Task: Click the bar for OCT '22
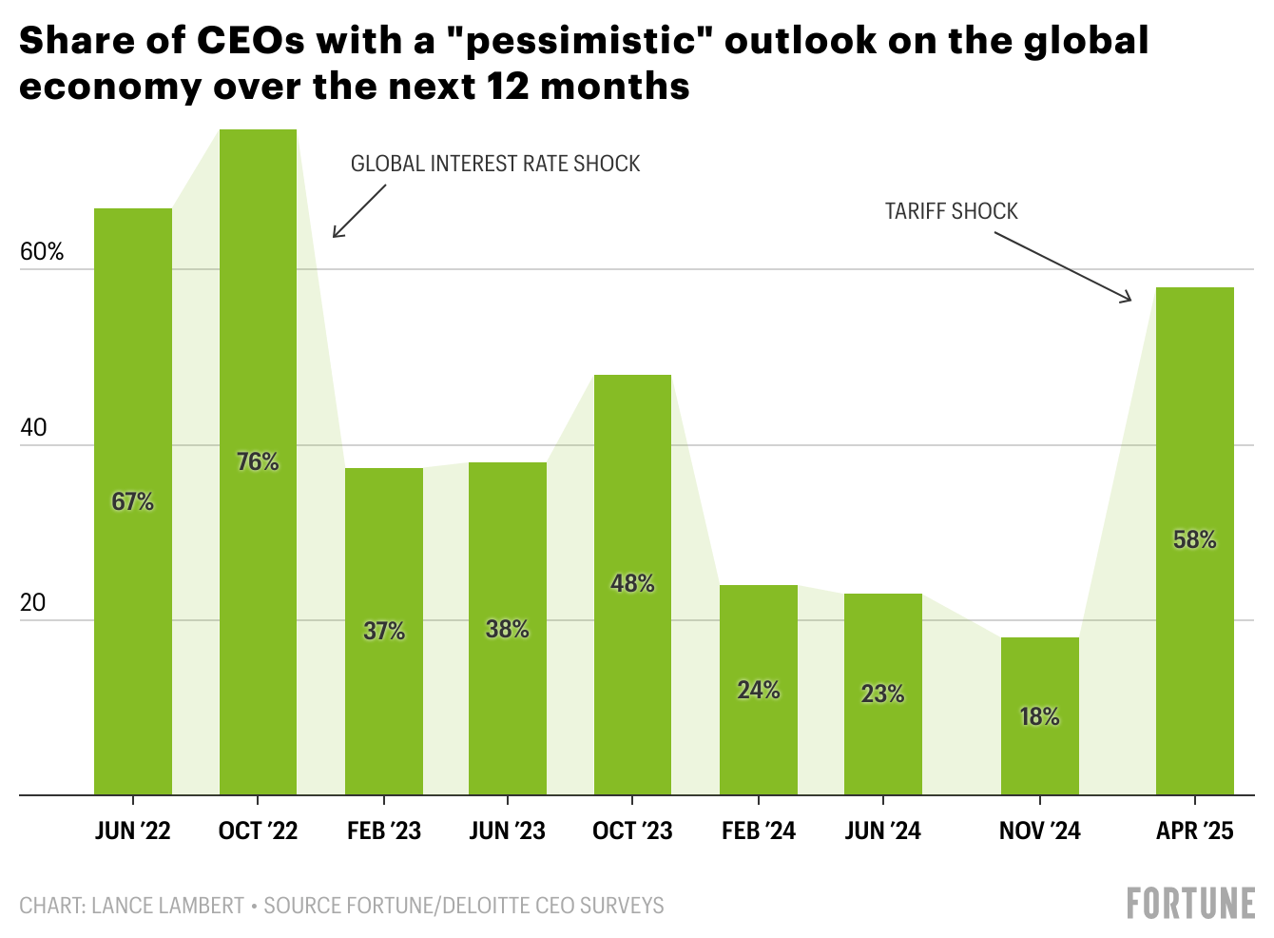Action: pyautogui.click(x=258, y=381)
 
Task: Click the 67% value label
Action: pyautogui.click(x=132, y=501)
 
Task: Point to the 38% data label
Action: pyautogui.click(x=508, y=629)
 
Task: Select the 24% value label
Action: pyautogui.click(x=759, y=690)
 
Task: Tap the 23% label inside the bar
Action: pyautogui.click(x=882, y=694)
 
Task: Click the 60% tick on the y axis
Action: pyautogui.click(x=42, y=252)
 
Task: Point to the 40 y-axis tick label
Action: pyautogui.click(x=33, y=428)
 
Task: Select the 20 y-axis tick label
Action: pyautogui.click(x=33, y=603)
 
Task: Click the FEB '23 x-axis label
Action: pyautogui.click(x=383, y=831)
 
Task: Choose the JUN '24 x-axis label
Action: pyautogui.click(x=882, y=831)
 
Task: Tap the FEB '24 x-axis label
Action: pyautogui.click(x=758, y=831)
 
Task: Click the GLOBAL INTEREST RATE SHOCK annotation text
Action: pyautogui.click(x=495, y=164)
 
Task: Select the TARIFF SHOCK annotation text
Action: pyautogui.click(x=951, y=211)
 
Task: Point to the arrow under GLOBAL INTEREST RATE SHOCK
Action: pyautogui.click(x=359, y=211)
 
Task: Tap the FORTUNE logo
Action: pyautogui.click(x=1190, y=903)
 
